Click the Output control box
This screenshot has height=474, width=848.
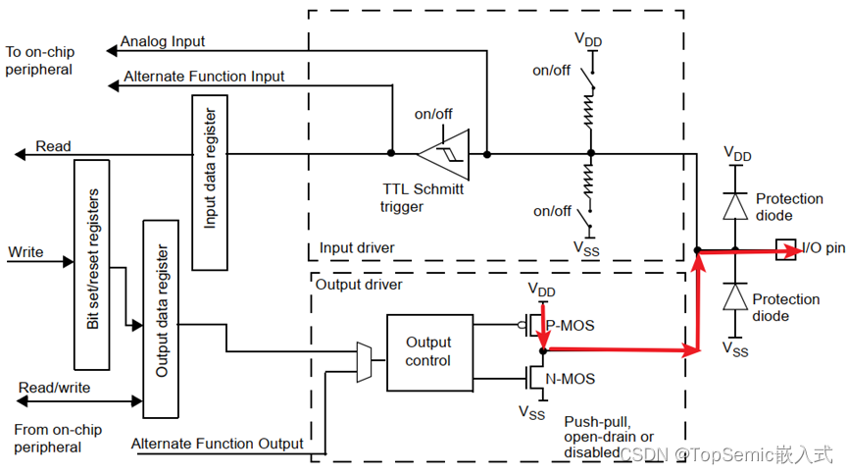428,351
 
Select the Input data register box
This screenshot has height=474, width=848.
210,183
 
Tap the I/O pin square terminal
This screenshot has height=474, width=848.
784,249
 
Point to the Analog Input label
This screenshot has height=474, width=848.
162,43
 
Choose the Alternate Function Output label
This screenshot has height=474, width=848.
218,444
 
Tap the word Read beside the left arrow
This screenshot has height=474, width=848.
53,146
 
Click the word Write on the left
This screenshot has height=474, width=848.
25,252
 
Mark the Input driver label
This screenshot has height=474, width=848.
357,247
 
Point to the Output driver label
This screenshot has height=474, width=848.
358,285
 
